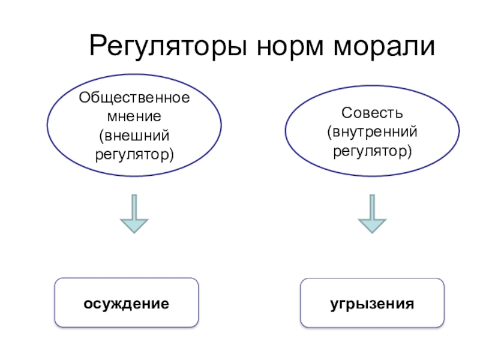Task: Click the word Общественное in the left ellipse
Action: coord(134,98)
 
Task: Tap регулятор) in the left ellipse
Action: coord(134,154)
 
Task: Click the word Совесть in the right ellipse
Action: coord(372,113)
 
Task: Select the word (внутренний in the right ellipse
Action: coord(372,131)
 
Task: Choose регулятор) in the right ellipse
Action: coord(372,150)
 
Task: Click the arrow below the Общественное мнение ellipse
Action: coord(134,213)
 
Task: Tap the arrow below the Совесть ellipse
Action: coord(373,213)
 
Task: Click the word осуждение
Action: coord(126,303)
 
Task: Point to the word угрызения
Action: coord(372,303)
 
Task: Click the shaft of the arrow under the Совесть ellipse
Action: coord(373,205)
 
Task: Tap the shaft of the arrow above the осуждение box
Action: coord(134,205)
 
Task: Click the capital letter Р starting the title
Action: coord(98,46)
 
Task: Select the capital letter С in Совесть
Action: coord(346,113)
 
